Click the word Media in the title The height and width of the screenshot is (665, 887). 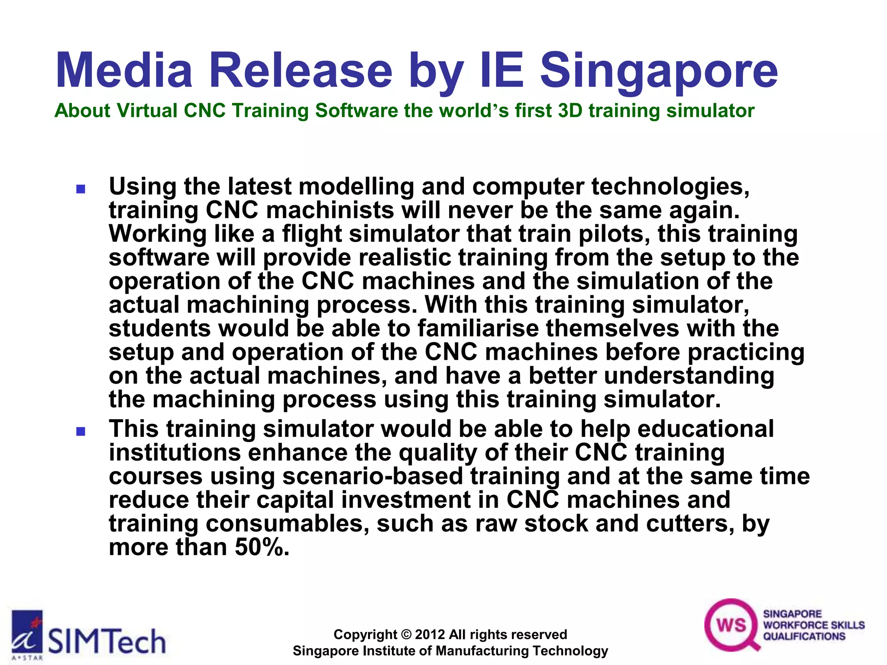tap(124, 70)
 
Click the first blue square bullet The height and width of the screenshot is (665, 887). tap(81, 189)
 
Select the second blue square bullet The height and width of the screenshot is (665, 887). tap(81, 431)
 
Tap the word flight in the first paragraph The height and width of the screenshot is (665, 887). tap(312, 235)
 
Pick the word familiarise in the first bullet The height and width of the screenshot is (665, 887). tap(478, 328)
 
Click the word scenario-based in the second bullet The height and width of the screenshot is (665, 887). tap(372, 477)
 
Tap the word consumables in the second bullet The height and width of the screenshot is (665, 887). tap(287, 524)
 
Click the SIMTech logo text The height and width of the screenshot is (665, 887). tap(107, 642)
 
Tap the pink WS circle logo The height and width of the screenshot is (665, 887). tap(731, 625)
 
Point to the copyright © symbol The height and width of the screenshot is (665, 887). tap(406, 635)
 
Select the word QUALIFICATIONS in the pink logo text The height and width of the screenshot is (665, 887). tap(804, 636)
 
